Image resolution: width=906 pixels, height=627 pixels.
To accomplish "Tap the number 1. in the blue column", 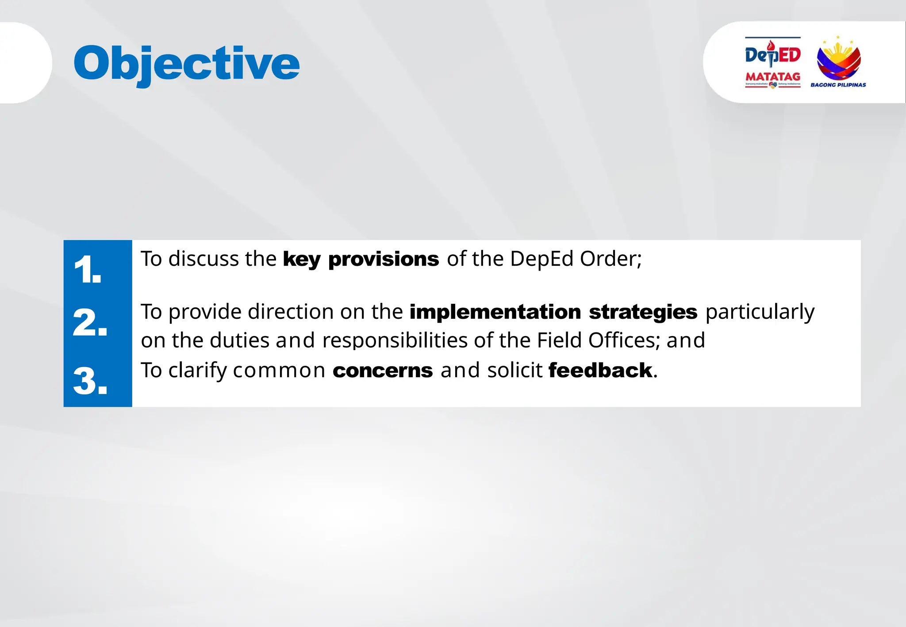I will pos(88,269).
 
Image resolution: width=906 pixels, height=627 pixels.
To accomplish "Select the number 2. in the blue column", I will pos(90,322).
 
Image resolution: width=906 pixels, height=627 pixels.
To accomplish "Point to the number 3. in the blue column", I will pos(90,381).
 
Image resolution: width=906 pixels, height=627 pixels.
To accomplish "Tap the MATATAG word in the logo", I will pos(773,76).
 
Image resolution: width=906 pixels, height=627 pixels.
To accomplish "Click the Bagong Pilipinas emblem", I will pos(838,60).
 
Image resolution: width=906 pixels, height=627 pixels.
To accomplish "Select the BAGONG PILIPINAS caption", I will pos(838,85).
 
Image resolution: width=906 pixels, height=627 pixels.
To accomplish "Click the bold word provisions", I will pos(383,260).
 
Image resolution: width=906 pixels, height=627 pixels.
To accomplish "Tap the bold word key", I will pos(301,260).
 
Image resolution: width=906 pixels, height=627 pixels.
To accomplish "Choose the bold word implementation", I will pos(495,312).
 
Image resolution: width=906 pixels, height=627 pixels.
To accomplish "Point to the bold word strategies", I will pos(643,312).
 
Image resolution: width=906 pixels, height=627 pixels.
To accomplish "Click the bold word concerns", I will pos(382,371).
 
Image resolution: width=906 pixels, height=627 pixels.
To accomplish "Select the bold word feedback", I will pos(600,371).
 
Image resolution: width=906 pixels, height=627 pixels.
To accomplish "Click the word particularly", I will pos(760,312).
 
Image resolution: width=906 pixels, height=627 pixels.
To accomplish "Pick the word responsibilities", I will pos(395,340).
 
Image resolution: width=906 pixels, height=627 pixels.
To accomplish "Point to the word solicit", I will pos(514,371).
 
